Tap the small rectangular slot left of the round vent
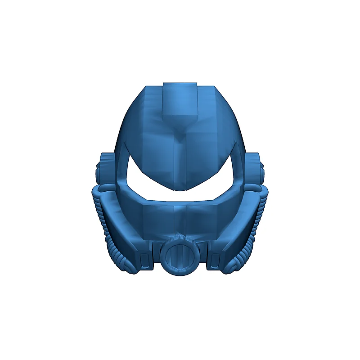(x=144, y=260)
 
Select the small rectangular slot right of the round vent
(x=215, y=260)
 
